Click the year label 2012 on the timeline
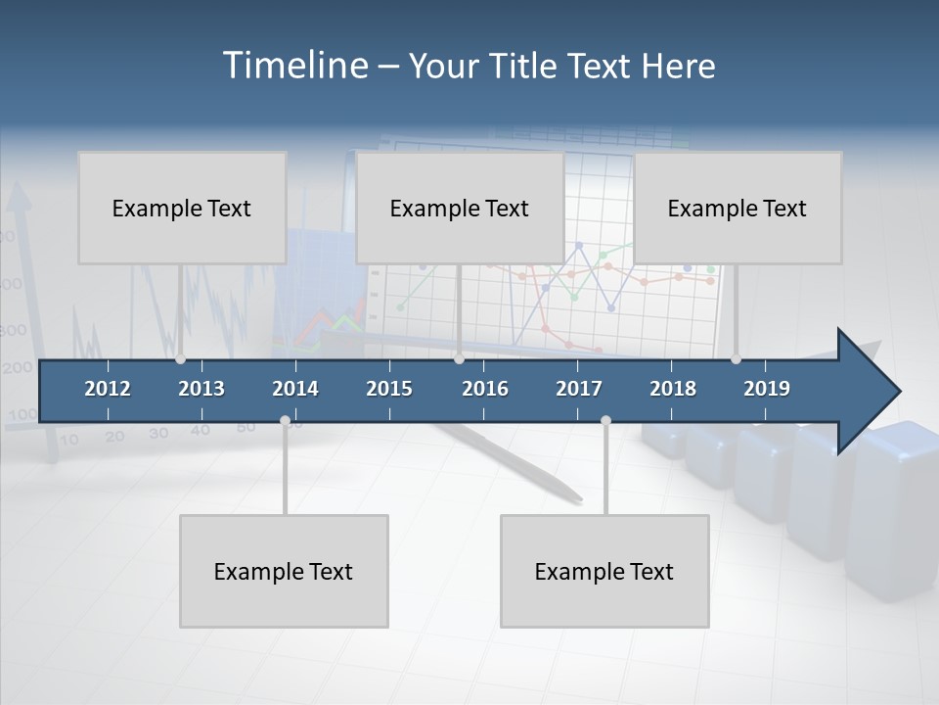pos(108,389)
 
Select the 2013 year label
pos(201,389)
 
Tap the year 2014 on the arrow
pos(295,389)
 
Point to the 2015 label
pos(389,389)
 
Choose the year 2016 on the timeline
pos(485,389)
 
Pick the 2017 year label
pos(579,389)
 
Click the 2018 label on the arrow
pos(673,389)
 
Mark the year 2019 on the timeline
pos(767,389)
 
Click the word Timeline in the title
pos(293,66)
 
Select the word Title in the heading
pos(525,66)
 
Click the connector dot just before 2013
pos(180,359)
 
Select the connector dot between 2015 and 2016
pos(459,359)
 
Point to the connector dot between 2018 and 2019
pos(736,359)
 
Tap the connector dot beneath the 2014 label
pos(285,421)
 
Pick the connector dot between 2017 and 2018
pos(605,421)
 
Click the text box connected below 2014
pos(284,571)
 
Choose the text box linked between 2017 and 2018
pos(604,571)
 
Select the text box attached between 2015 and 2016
pos(460,208)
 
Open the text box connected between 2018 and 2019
pos(738,208)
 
